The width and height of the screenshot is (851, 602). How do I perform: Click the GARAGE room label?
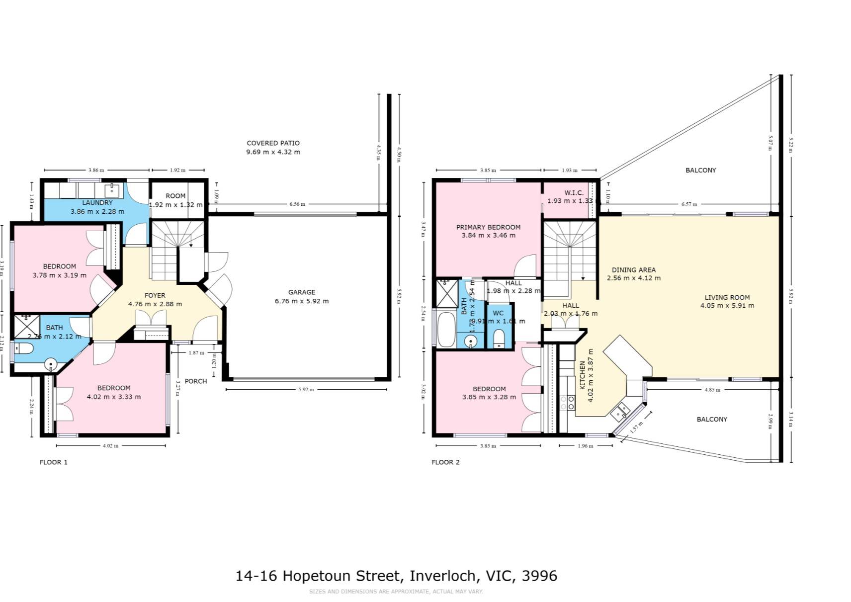point(301,292)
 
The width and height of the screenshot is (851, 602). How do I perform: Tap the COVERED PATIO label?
point(273,143)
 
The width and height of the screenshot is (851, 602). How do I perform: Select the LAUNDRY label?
point(97,203)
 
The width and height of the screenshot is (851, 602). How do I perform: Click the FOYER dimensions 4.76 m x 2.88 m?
point(155,304)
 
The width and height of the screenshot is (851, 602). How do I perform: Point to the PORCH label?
point(195,381)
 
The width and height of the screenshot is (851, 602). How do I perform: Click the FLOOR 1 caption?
point(53,462)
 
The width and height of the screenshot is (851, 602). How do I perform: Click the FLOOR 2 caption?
point(445,462)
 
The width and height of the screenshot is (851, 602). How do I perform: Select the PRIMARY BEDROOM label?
point(488,227)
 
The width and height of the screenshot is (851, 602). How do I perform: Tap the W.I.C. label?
point(574,193)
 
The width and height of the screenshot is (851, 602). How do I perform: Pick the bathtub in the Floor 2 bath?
point(445,329)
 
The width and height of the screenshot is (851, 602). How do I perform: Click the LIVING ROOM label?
point(727,297)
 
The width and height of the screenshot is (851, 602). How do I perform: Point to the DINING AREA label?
point(633,270)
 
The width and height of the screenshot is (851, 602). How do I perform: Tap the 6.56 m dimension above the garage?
point(297,204)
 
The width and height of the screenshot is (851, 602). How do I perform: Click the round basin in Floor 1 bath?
point(51,365)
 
